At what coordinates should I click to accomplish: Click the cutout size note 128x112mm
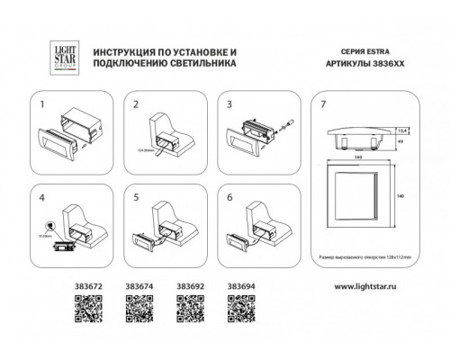(386, 257)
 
